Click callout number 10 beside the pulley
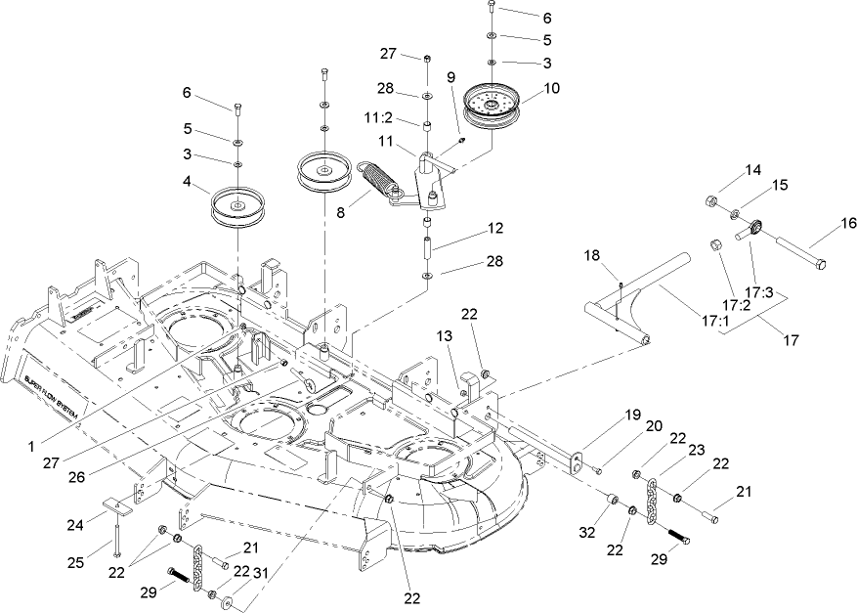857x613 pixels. tap(552, 88)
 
